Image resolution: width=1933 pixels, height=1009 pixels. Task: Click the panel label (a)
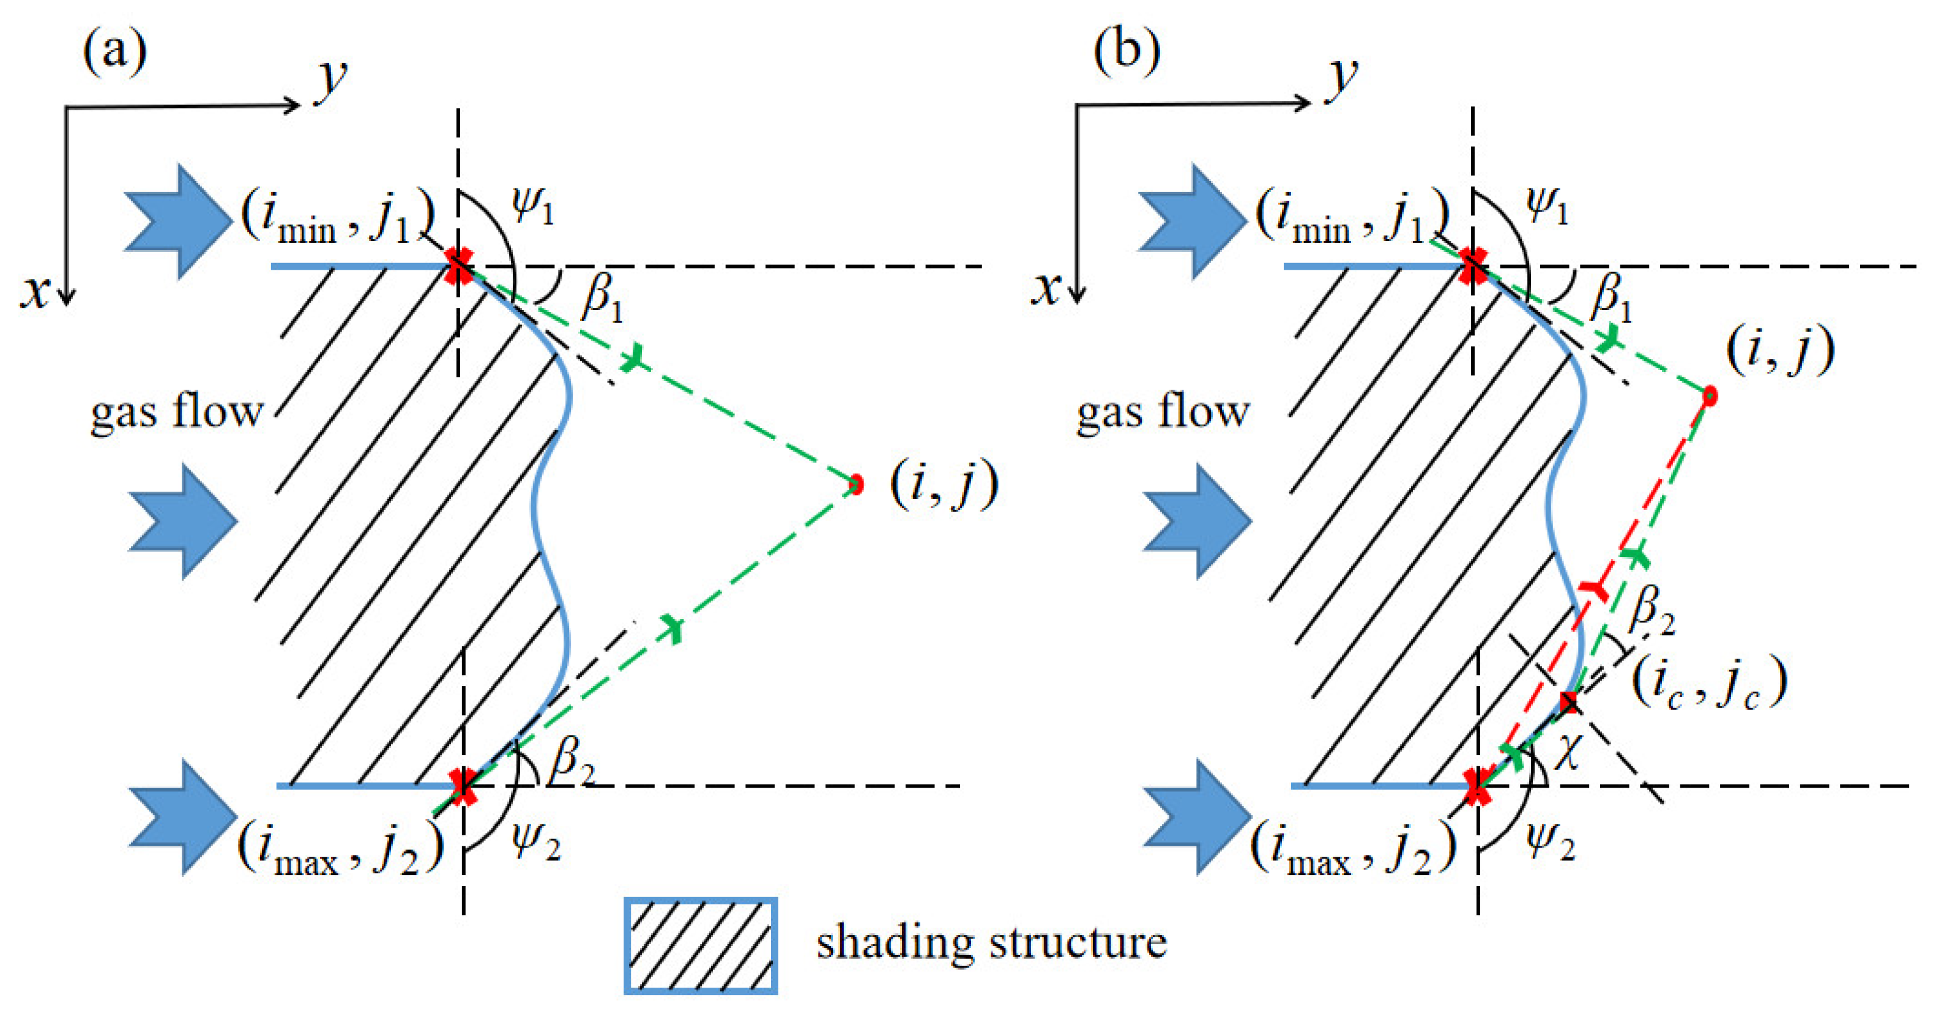(x=114, y=53)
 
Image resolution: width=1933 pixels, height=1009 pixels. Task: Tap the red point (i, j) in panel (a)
(x=855, y=484)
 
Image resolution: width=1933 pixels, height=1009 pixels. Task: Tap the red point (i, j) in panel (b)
(x=1710, y=396)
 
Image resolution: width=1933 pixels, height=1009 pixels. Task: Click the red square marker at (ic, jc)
(x=1568, y=703)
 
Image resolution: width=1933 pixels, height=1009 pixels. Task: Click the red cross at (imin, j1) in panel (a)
(x=458, y=267)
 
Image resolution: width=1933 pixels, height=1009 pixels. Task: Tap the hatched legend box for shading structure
(x=700, y=946)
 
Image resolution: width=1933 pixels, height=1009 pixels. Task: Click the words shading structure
(x=991, y=942)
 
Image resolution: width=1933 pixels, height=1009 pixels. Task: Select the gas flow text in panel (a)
(x=176, y=413)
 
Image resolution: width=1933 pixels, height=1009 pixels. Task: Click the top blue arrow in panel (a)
(x=179, y=221)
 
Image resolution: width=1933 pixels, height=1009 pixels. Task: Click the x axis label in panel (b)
(x=1045, y=288)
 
